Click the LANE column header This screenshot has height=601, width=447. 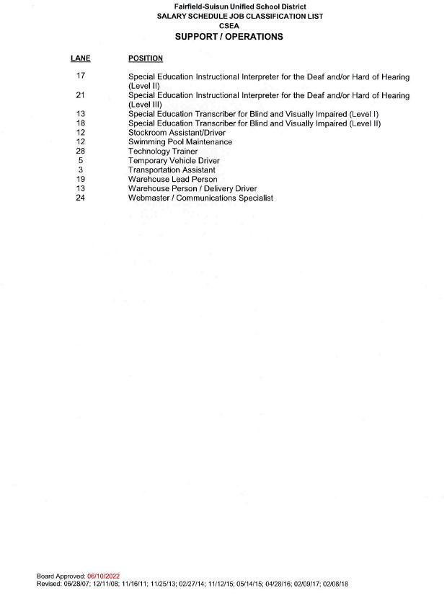[x=80, y=58]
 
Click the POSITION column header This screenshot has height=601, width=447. [x=145, y=58]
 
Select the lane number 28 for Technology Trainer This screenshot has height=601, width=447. [x=80, y=152]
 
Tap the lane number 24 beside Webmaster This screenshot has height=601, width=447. [x=80, y=198]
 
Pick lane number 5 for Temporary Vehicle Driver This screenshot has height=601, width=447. [x=80, y=161]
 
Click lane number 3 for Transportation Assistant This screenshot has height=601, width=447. [x=80, y=170]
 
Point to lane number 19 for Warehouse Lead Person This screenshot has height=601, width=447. [x=80, y=179]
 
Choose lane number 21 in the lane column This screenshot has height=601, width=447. [x=80, y=95]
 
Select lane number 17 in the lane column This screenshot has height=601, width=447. [x=80, y=76]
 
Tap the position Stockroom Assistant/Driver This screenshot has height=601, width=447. [x=177, y=133]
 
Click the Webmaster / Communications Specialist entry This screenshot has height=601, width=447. [x=200, y=198]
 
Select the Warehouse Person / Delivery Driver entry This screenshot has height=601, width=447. [x=192, y=188]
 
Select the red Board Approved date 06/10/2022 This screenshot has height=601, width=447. [x=103, y=576]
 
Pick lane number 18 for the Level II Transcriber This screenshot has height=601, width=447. [x=80, y=123]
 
